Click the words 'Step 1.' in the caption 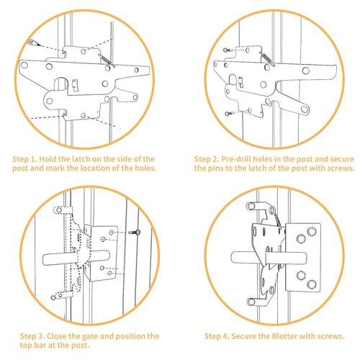click(28, 157)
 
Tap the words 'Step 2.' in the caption click(209, 157)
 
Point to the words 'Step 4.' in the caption click(218, 336)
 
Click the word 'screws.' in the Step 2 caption click(335, 167)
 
